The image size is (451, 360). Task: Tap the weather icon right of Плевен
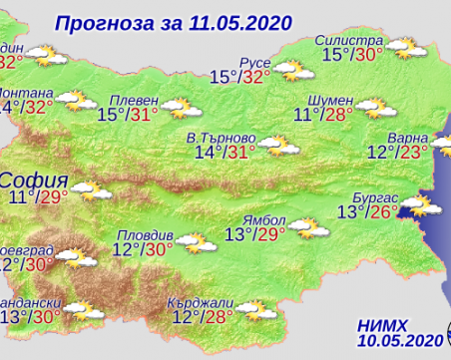179,106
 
